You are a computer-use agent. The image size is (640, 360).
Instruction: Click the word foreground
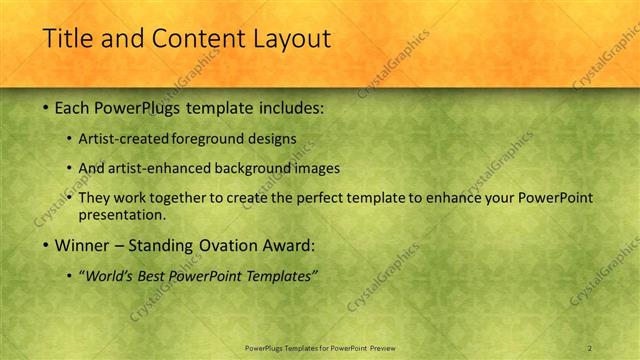tap(214, 138)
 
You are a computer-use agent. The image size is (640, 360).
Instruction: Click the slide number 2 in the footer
tap(590, 347)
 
